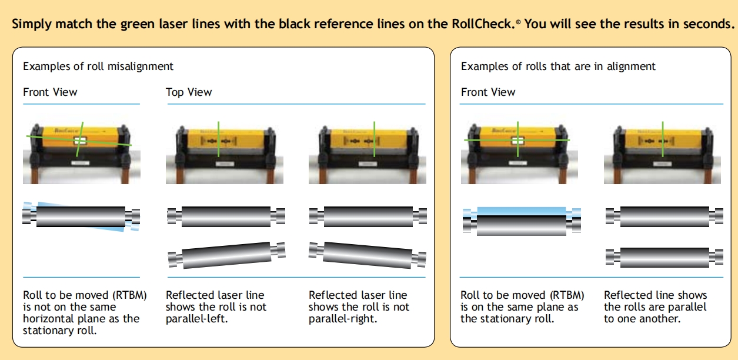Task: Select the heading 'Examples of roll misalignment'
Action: coord(98,66)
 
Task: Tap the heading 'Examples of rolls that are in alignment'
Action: coord(558,66)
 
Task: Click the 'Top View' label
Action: coord(189,92)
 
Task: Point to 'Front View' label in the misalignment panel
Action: coord(50,92)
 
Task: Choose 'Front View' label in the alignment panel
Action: coord(488,92)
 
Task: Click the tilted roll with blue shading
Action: coord(81,216)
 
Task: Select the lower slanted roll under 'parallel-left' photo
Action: coord(226,255)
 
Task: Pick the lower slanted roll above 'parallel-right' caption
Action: coord(368,255)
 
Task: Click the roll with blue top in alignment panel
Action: coord(522,221)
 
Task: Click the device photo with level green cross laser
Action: coord(517,148)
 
